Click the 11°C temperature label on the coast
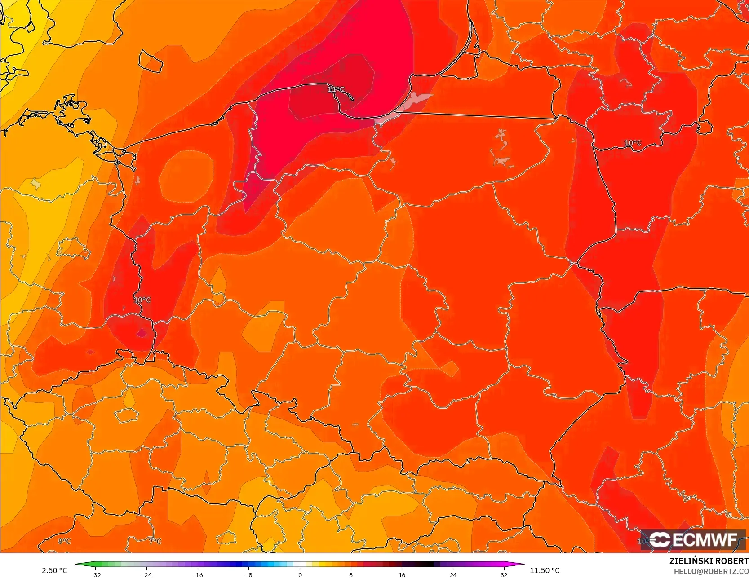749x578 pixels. pyautogui.click(x=336, y=89)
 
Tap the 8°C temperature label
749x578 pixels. pyautogui.click(x=65, y=541)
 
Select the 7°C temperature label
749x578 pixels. pyautogui.click(x=155, y=541)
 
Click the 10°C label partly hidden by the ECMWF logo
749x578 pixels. pyautogui.click(x=643, y=541)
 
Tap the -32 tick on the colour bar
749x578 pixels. pyautogui.click(x=95, y=574)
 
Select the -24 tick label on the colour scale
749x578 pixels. pyautogui.click(x=146, y=574)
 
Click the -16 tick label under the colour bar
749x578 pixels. pyautogui.click(x=198, y=574)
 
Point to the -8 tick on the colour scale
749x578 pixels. pyautogui.click(x=248, y=574)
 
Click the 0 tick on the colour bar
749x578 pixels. pyautogui.click(x=300, y=574)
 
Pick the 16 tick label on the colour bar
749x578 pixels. pyautogui.click(x=402, y=574)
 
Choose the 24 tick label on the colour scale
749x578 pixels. pyautogui.click(x=453, y=574)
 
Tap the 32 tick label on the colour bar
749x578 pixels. pyautogui.click(x=504, y=574)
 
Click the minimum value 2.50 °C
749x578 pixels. pyautogui.click(x=54, y=570)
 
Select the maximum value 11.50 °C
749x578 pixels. pyautogui.click(x=545, y=570)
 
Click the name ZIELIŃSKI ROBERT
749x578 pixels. pyautogui.click(x=709, y=561)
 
